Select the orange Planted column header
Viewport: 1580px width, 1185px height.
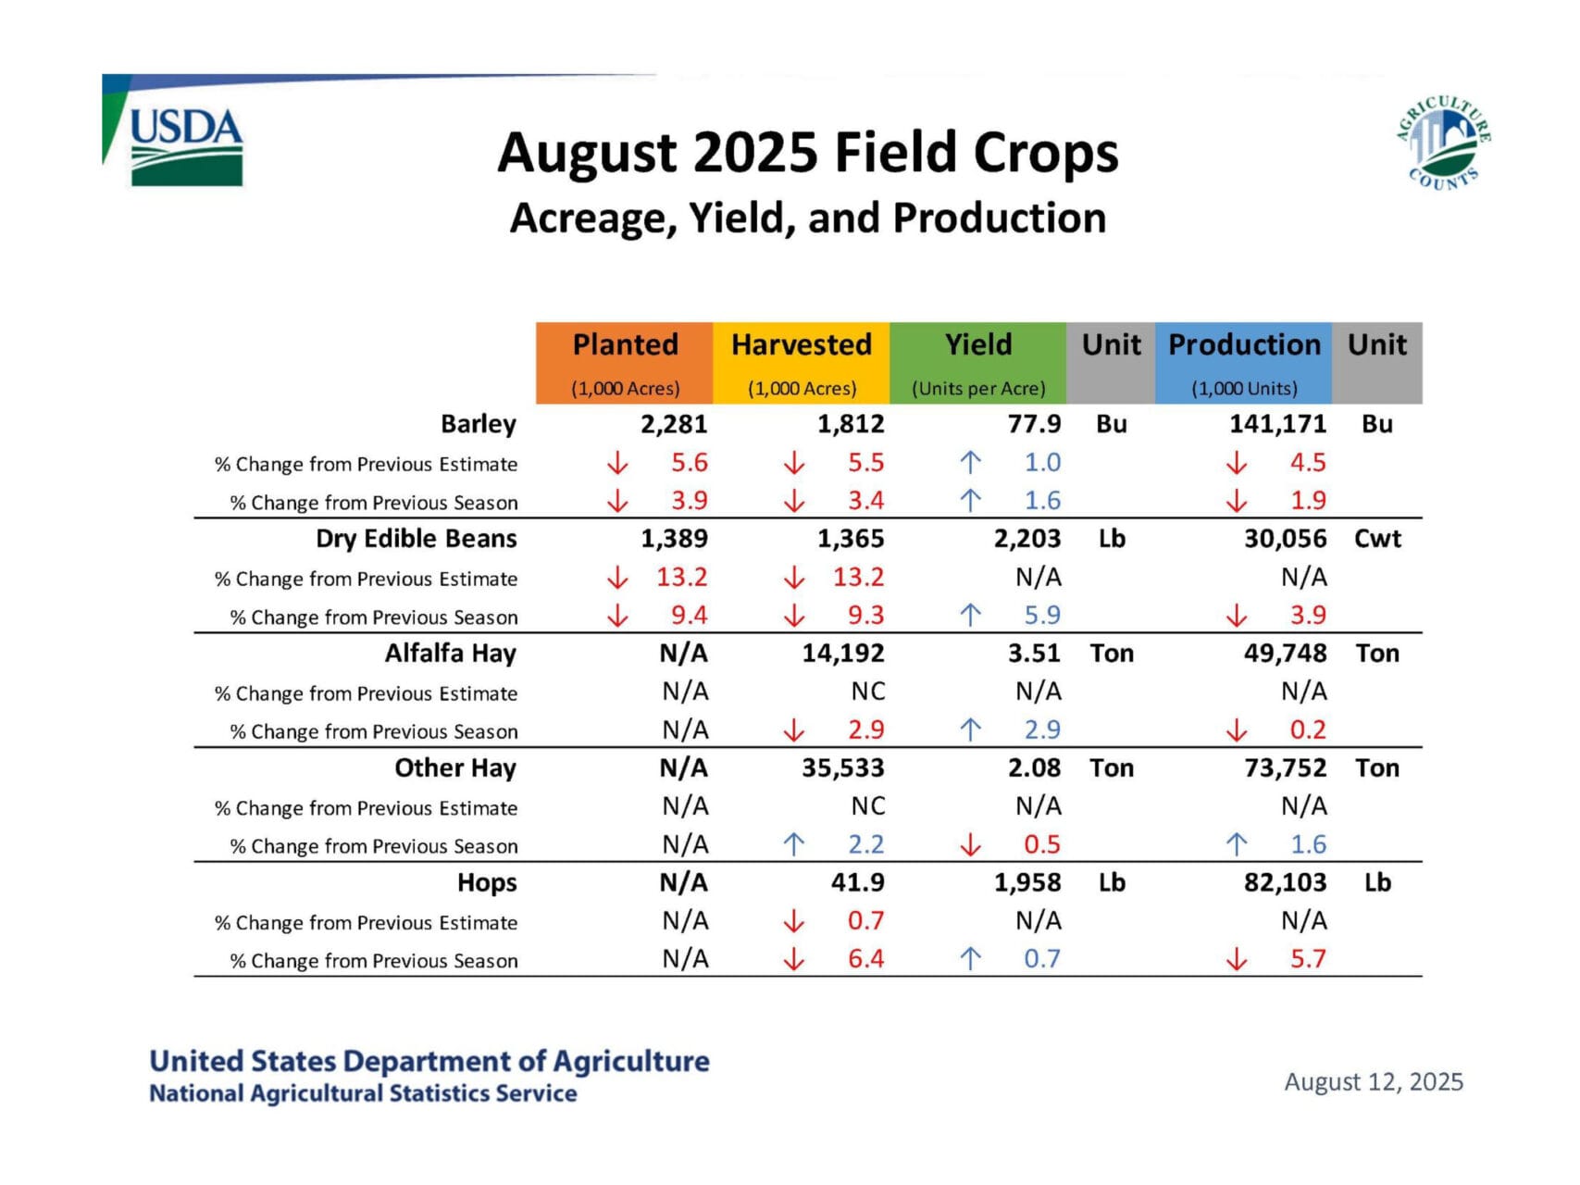click(x=625, y=362)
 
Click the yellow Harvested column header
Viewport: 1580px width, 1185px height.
click(x=802, y=362)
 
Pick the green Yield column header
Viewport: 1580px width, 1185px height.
click(x=977, y=362)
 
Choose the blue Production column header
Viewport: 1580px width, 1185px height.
click(x=1243, y=362)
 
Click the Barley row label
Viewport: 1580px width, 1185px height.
click(x=478, y=424)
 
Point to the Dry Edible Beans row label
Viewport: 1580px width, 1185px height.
click(x=416, y=539)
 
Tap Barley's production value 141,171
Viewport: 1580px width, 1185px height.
click(x=1277, y=424)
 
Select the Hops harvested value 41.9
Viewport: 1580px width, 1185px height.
click(x=857, y=882)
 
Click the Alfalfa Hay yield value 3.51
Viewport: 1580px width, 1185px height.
click(x=1034, y=654)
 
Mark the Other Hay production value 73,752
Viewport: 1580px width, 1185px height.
click(x=1285, y=768)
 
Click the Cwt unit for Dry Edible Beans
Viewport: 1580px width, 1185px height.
click(x=1377, y=539)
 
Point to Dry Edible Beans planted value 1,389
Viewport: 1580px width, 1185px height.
click(x=674, y=539)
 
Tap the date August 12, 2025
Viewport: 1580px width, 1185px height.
click(x=1374, y=1082)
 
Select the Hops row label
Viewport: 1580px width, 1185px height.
click(x=487, y=883)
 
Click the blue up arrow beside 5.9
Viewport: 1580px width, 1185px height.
click(x=970, y=615)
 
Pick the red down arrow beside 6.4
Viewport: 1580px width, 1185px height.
click(x=793, y=960)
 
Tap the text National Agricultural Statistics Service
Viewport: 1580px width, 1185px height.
click(x=363, y=1093)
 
